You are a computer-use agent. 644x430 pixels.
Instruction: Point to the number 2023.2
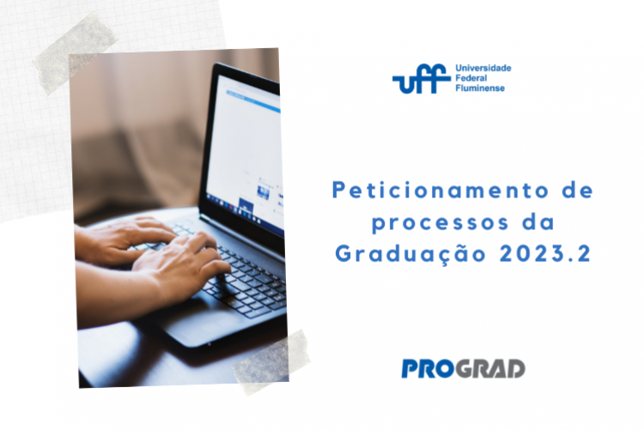click(x=545, y=254)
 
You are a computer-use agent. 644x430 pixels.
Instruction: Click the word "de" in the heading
click(x=578, y=191)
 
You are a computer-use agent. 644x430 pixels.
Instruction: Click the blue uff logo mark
click(x=421, y=78)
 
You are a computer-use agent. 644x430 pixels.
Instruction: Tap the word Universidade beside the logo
click(x=483, y=68)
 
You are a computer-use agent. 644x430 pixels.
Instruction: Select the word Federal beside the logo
click(x=471, y=78)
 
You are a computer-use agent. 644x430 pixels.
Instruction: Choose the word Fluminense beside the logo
click(x=480, y=88)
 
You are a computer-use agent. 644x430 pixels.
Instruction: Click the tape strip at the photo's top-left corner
click(x=75, y=52)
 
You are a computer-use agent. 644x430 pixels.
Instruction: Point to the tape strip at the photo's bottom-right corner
click(x=271, y=362)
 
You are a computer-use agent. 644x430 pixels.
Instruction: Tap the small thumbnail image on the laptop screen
click(x=264, y=191)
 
